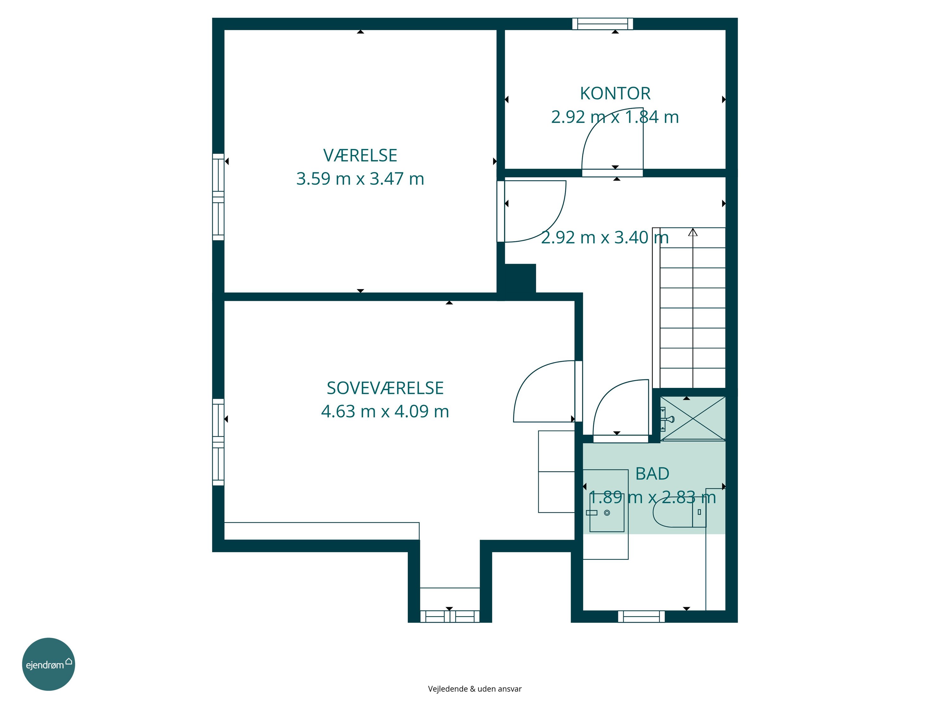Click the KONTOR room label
click(x=615, y=93)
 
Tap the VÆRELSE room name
click(x=360, y=155)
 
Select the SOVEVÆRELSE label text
click(x=385, y=388)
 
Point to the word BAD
click(x=652, y=474)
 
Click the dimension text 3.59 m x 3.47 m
click(x=360, y=179)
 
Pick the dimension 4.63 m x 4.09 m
click(x=385, y=412)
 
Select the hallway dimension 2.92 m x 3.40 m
click(x=605, y=238)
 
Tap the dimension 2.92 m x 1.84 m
click(x=615, y=117)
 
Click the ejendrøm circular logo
click(x=48, y=664)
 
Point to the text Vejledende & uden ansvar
click(x=475, y=689)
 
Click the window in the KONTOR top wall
click(x=603, y=24)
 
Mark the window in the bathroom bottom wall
click(x=641, y=616)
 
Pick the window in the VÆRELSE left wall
click(x=218, y=197)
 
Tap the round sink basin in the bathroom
click(x=607, y=513)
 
